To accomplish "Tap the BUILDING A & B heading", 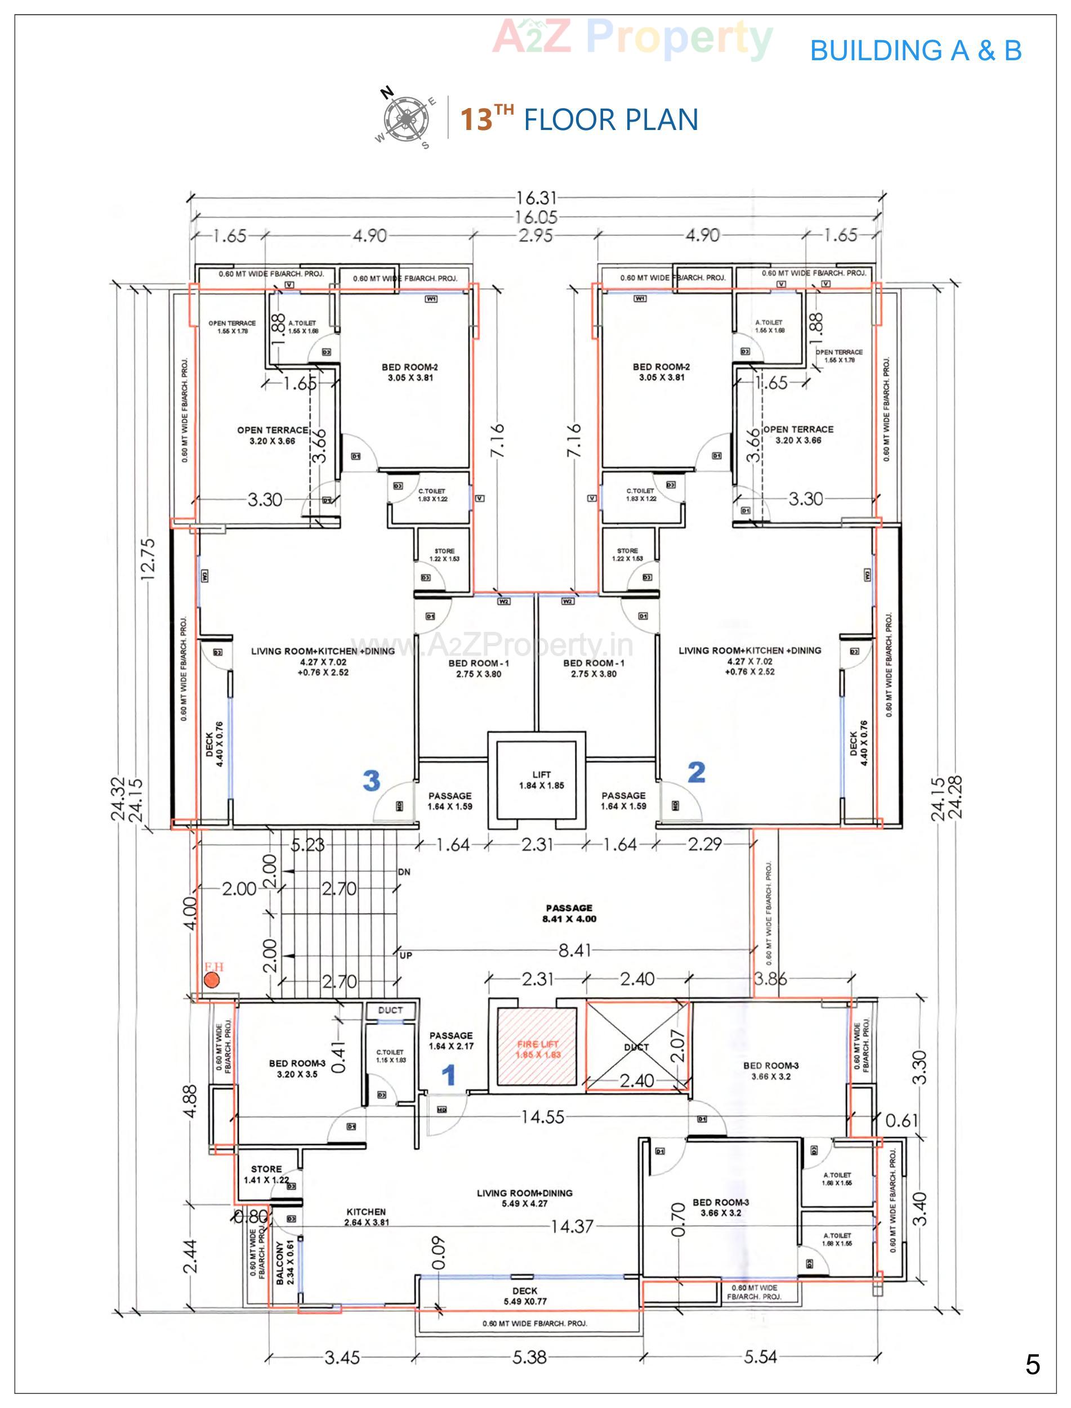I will point(916,50).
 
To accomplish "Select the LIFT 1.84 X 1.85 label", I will point(541,780).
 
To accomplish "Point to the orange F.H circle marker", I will point(212,981).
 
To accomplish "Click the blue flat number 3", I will point(371,779).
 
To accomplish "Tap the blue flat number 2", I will point(696,773).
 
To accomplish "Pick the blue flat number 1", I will point(449,1075).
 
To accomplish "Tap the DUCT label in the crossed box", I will point(636,1047).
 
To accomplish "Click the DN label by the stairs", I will point(404,872).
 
